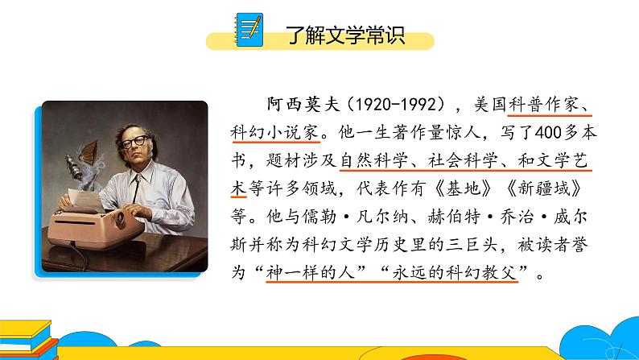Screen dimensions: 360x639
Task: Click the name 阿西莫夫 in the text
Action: (x=298, y=105)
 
